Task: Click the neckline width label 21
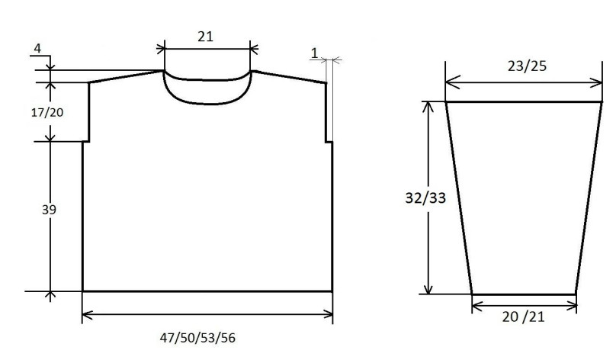pos(206,37)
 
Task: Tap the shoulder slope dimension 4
pos(37,48)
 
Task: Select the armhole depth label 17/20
pos(47,112)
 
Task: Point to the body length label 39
pos(49,210)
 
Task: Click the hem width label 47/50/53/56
pos(197,338)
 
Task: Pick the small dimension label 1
pos(314,53)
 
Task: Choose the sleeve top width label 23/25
pos(527,66)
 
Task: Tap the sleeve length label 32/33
pos(425,198)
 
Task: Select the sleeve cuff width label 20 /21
pos(523,317)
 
